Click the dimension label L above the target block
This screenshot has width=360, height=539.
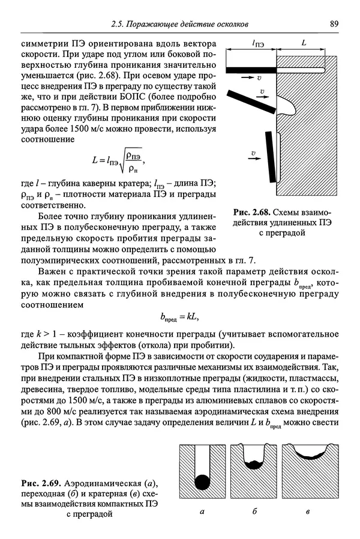pos(304,44)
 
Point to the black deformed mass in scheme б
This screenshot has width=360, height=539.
pos(257,464)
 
